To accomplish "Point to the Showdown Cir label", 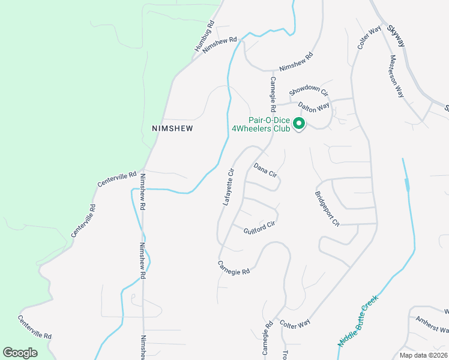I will pos(309,91).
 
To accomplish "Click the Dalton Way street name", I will pos(314,107).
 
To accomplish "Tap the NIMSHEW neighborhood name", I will pos(174,128).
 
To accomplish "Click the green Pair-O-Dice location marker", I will pos(299,124).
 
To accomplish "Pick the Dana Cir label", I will pos(265,170).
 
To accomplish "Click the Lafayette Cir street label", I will pos(228,187).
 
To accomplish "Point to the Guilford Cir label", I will pos(259,227).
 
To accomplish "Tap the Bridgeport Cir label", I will pos(327,208).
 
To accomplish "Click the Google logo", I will pos(20,353).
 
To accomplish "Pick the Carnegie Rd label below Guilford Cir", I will pos(234,268).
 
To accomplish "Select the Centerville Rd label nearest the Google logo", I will pos(35,328).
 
